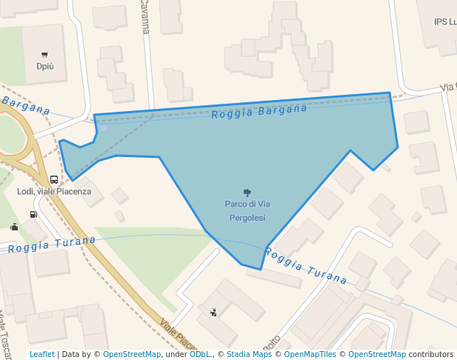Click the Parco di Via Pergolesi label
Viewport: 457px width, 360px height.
point(247,210)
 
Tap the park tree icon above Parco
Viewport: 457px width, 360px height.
point(247,192)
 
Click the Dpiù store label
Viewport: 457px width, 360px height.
point(45,66)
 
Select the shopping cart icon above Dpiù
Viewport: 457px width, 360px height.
point(45,54)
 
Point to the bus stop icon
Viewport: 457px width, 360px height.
point(54,179)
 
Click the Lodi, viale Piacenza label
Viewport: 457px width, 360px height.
point(54,191)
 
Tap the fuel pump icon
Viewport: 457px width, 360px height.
point(33,215)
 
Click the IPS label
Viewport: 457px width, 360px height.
point(445,21)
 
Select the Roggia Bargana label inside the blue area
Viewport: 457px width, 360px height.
point(259,112)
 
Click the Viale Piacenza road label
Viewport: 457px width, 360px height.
point(179,336)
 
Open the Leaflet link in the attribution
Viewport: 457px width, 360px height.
point(41,354)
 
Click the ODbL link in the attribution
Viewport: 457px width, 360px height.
point(200,354)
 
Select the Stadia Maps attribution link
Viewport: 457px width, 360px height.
point(249,354)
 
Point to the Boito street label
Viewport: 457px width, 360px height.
point(272,342)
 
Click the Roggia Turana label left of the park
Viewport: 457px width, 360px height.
point(52,244)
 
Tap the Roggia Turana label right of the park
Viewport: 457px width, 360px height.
point(305,267)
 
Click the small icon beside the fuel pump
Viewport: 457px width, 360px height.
point(14,227)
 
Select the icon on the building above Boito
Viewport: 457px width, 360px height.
point(214,313)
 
